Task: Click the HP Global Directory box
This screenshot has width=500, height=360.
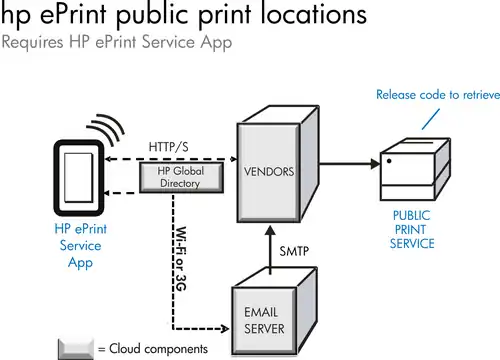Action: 181,177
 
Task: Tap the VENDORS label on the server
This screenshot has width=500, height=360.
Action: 269,172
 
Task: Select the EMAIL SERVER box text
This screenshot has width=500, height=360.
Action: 264,321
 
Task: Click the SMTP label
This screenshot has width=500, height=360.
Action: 294,251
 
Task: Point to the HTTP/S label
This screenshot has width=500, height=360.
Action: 168,147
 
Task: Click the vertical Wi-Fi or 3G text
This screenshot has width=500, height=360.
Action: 181,259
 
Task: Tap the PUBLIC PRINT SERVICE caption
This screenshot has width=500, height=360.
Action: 412,230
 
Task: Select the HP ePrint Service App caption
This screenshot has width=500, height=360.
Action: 81,246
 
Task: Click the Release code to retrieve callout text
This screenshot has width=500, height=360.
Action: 438,95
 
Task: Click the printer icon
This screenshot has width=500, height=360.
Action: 415,170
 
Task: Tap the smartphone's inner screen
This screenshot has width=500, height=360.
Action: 78,178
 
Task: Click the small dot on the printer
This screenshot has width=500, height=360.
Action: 389,161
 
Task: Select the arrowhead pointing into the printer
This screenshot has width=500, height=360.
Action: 375,164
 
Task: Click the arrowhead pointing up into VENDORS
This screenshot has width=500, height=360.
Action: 270,230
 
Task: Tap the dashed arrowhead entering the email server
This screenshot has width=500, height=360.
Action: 225,329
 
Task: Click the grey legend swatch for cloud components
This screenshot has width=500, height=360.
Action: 76,349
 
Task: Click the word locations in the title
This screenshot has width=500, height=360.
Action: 313,14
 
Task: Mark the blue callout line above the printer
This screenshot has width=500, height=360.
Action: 431,119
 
